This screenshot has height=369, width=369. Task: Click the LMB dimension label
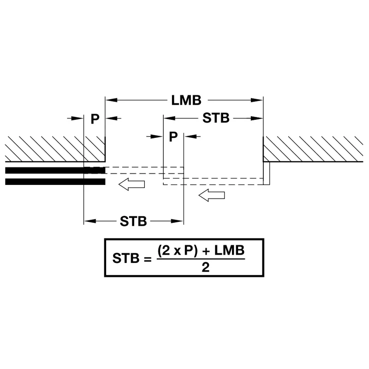click(186, 100)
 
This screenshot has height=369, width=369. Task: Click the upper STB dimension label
click(216, 118)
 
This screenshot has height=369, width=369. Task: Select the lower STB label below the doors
click(133, 221)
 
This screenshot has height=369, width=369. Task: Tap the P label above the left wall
click(95, 119)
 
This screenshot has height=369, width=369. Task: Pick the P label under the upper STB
click(173, 137)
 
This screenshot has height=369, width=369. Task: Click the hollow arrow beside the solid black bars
click(131, 184)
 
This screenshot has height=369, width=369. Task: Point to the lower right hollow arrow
click(212, 195)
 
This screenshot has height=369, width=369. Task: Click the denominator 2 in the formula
click(205, 268)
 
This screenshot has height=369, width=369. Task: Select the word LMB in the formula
click(229, 250)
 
